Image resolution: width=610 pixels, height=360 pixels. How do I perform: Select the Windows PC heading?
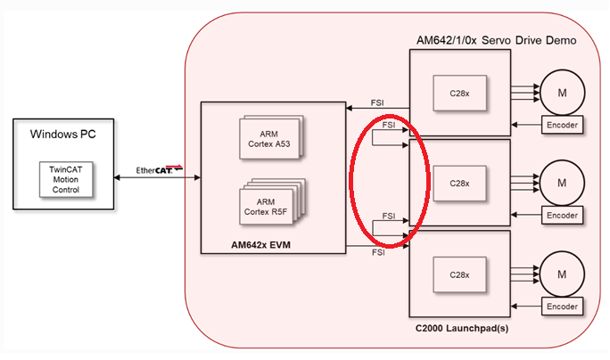point(63,135)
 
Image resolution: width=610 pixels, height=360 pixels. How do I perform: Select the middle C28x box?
point(458,183)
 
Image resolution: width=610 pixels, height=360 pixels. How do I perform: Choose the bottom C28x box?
point(458,273)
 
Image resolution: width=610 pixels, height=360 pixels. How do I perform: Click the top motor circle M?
point(561,92)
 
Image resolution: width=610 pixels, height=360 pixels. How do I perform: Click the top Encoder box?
point(563,126)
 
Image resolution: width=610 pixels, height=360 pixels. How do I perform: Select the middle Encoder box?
point(563,216)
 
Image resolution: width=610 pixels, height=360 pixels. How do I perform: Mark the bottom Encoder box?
point(563,306)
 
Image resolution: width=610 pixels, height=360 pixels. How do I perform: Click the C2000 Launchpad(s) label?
point(466,331)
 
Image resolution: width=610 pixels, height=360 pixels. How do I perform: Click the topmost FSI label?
point(378,103)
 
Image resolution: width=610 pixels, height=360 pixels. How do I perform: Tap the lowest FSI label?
point(378,254)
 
